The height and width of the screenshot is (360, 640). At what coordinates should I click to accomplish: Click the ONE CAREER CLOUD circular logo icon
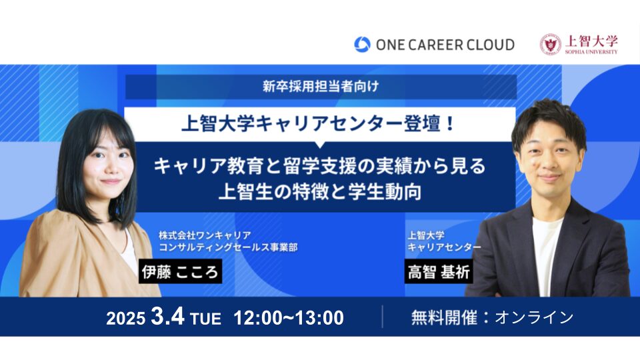pos(362,45)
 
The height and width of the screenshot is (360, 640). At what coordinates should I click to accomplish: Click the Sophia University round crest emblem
pos(550,44)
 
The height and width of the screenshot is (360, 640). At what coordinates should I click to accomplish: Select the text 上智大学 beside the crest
pos(591,41)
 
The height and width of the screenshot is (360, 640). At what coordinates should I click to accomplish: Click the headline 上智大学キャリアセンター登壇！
pos(321,123)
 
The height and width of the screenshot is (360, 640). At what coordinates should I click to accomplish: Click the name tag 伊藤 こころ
pos(180,272)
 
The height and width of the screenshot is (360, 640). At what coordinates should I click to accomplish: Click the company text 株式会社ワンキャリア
pos(204,235)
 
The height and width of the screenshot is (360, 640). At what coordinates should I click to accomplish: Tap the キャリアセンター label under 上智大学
pos(443,247)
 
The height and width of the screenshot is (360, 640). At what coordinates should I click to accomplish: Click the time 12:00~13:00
pos(289,318)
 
